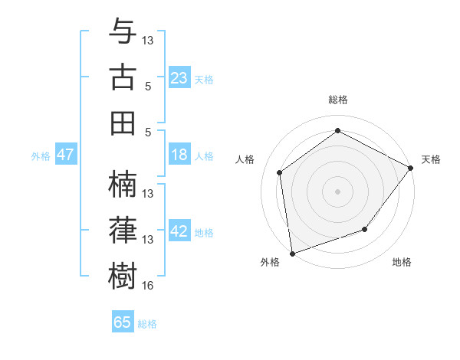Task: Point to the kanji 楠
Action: tap(123, 184)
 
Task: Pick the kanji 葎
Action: tap(123, 230)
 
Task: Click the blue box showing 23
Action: tap(179, 77)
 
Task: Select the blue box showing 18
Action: tap(179, 155)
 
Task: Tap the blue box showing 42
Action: tap(179, 231)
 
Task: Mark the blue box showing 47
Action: tap(66, 155)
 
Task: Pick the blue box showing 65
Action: tap(123, 322)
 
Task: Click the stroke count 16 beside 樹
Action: tap(148, 286)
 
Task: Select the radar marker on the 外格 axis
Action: tap(292, 253)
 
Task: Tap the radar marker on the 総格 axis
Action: tap(337, 131)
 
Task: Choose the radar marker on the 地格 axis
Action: tap(365, 229)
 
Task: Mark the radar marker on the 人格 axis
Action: tap(280, 172)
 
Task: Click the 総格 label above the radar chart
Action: tap(337, 100)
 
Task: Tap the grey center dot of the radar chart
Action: tap(337, 191)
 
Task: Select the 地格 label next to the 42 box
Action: tap(204, 233)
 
